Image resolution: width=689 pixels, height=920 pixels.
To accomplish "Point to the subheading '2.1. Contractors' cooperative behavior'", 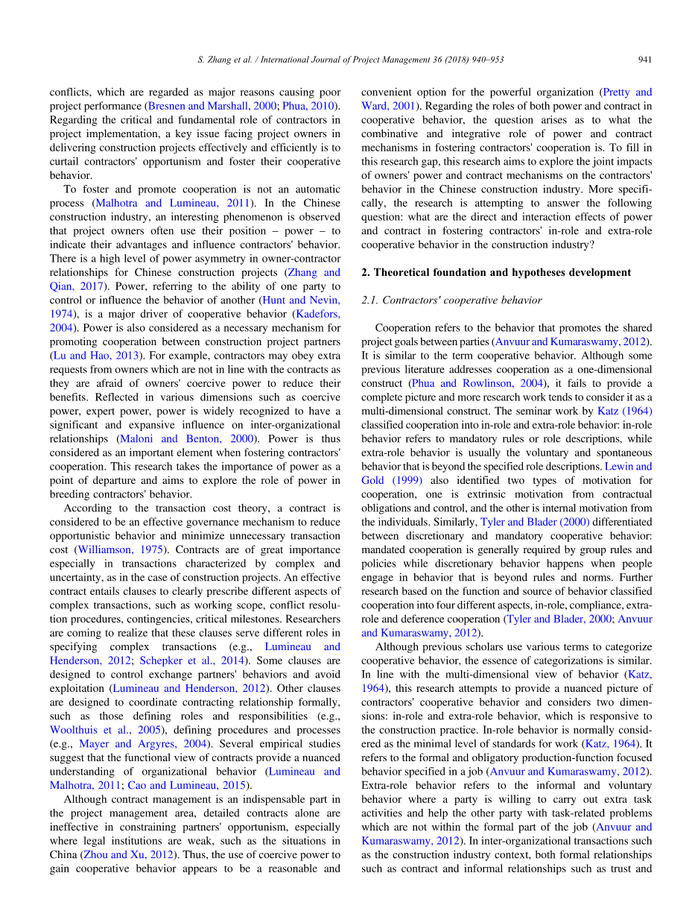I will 451,300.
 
